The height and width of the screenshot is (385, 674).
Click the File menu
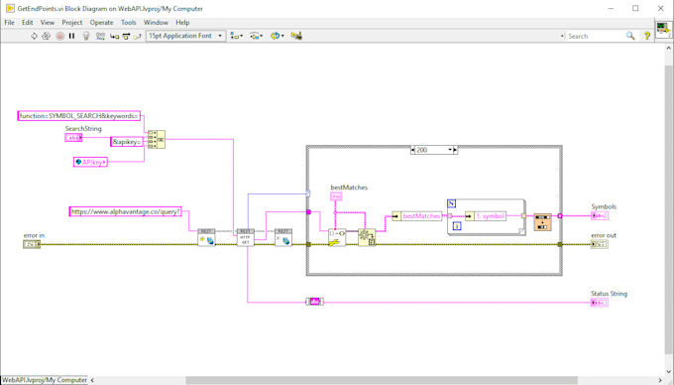coord(10,22)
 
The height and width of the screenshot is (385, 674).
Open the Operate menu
coord(101,22)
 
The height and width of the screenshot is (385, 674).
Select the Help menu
coord(182,22)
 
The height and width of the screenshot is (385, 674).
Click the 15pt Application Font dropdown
coord(185,36)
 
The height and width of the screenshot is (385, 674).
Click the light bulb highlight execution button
coord(86,36)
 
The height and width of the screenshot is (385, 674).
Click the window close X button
coord(660,8)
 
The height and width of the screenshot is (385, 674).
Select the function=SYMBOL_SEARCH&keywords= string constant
coord(78,116)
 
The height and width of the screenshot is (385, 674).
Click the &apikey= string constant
coord(127,142)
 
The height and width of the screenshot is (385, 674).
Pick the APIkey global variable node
coord(90,162)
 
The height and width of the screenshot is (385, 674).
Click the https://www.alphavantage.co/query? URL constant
coord(125,211)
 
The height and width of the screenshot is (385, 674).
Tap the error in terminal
coord(32,244)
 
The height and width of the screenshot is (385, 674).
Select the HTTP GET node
coord(245,238)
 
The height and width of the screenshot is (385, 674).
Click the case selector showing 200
coord(433,150)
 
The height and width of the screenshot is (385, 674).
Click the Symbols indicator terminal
coord(599,215)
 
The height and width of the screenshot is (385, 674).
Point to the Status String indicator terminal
coord(599,302)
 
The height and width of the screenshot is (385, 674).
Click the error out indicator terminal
coord(599,244)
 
